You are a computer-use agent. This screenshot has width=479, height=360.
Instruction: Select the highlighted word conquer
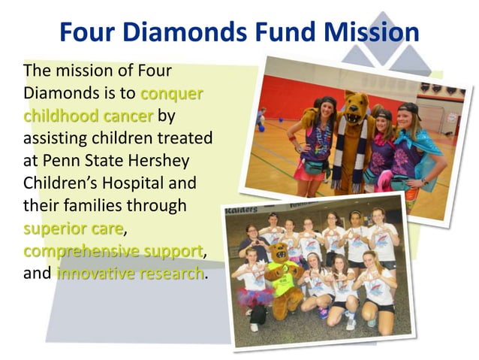(172, 95)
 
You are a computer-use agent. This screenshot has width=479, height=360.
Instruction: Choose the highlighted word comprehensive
(73, 250)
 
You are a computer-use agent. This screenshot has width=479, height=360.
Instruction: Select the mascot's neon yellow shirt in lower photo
(283, 283)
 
